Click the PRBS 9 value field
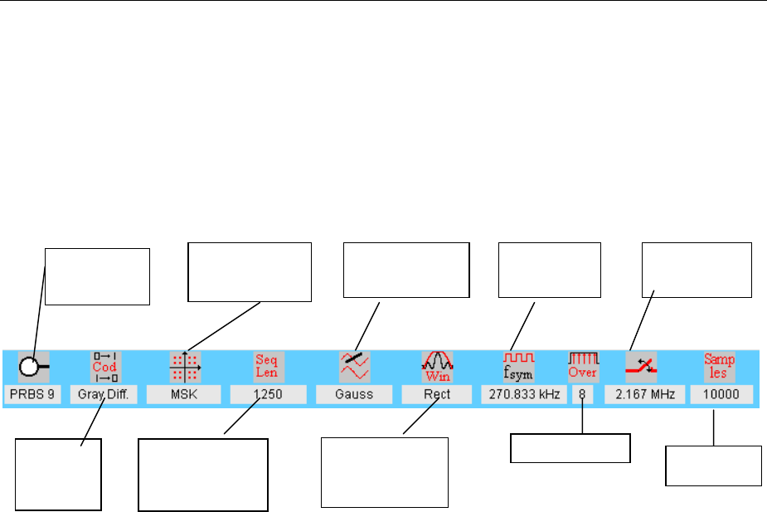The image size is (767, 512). [x=32, y=394]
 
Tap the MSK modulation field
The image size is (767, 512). [x=184, y=394]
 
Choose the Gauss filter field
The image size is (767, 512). [x=353, y=394]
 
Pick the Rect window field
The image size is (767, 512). [x=437, y=394]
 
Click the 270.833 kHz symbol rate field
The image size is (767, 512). [x=523, y=394]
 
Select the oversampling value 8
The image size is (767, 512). [x=583, y=394]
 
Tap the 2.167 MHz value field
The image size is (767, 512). [x=644, y=394]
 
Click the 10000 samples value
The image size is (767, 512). [x=720, y=394]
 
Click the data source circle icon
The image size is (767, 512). [x=34, y=366]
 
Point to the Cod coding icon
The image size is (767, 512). [x=104, y=366]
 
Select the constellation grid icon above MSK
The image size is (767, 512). [x=185, y=366]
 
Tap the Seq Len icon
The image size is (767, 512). [x=268, y=366]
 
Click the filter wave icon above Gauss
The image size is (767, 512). [x=354, y=366]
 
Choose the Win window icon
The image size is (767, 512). [x=438, y=366]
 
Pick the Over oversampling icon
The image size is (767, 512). [x=583, y=366]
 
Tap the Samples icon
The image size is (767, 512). [x=720, y=366]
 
